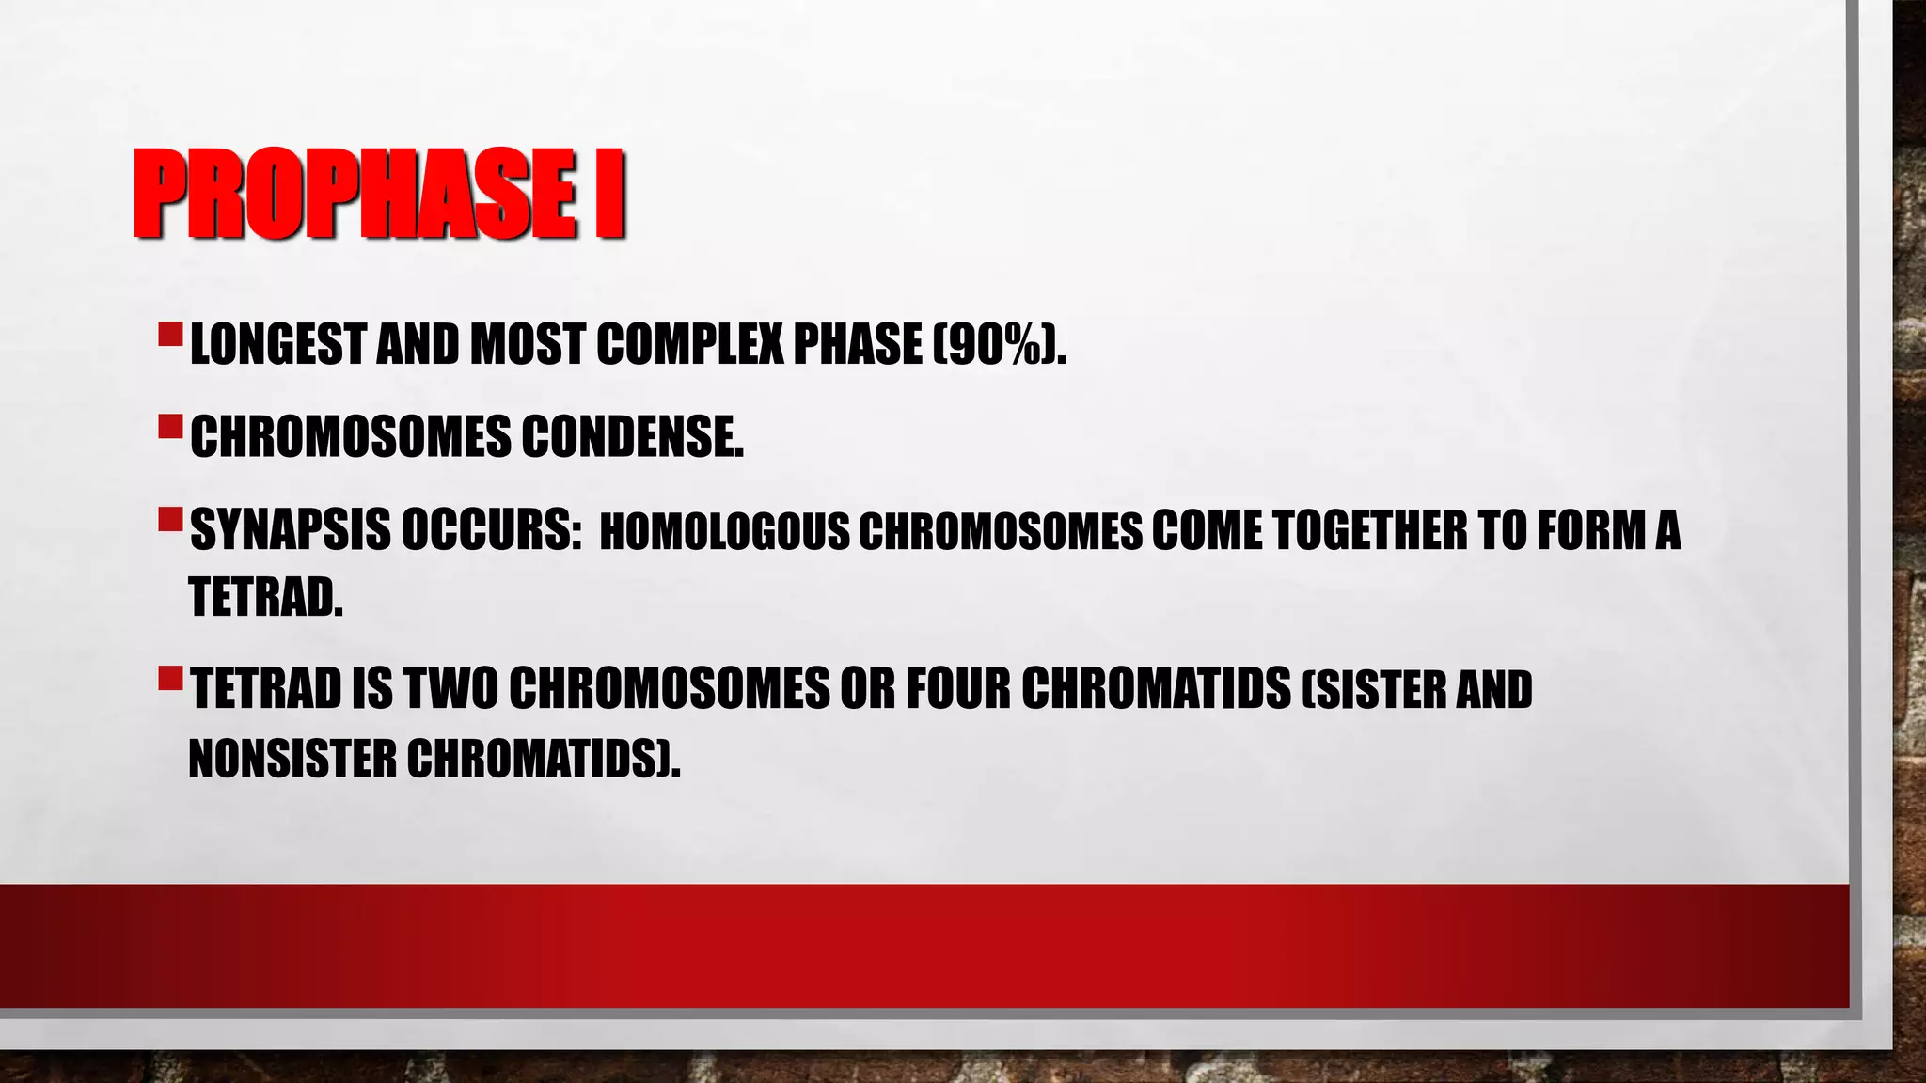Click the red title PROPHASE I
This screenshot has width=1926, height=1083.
click(x=379, y=195)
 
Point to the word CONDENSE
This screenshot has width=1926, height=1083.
click(x=632, y=437)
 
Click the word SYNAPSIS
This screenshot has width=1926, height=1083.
click(x=290, y=530)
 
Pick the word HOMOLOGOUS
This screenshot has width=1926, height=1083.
click(x=724, y=532)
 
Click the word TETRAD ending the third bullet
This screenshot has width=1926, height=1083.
click(x=265, y=597)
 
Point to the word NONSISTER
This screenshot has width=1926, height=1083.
click(x=292, y=759)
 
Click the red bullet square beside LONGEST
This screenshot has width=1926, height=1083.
click(x=170, y=333)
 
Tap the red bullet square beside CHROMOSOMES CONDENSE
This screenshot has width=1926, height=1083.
click(x=170, y=427)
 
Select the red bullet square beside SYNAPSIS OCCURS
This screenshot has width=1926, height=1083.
click(x=170, y=519)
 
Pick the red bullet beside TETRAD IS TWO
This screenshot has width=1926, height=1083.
click(x=170, y=677)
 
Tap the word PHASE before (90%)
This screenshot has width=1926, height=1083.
click(x=858, y=344)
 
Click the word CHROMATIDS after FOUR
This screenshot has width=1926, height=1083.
click(x=1157, y=689)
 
